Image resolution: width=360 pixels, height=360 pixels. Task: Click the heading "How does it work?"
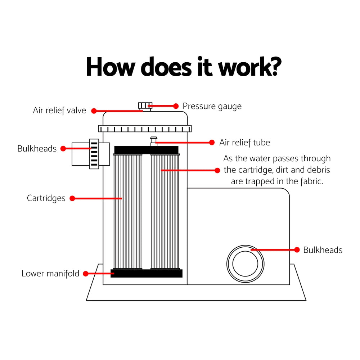pos(184,67)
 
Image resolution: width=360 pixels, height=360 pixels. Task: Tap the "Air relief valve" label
pos(59,111)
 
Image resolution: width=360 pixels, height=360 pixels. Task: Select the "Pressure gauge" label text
pos(212,106)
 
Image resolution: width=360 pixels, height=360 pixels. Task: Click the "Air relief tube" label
pos(244,143)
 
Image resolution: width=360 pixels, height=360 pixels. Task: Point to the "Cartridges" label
pos(46,198)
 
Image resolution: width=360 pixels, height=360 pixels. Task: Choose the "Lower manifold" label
pos(50,274)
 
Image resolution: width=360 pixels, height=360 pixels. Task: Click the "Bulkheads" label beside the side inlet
pos(37,149)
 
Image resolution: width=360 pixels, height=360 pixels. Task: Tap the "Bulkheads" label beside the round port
pos(323,250)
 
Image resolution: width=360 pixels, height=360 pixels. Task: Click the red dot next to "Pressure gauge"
pos(176,106)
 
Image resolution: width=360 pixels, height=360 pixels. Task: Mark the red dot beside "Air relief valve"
pos(94,111)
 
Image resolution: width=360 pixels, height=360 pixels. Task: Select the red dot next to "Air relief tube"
pos(212,143)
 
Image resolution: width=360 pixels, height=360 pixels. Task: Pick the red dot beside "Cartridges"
pos(72,198)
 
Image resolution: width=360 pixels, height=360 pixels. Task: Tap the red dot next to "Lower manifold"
pos(86,274)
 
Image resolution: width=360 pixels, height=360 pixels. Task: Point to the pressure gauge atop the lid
pos(145,106)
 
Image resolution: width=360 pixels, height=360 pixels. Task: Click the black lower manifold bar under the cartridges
pos(147,274)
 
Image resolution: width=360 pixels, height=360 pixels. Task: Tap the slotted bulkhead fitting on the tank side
pos(94,154)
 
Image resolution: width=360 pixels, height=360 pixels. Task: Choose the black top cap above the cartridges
pos(146,150)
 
